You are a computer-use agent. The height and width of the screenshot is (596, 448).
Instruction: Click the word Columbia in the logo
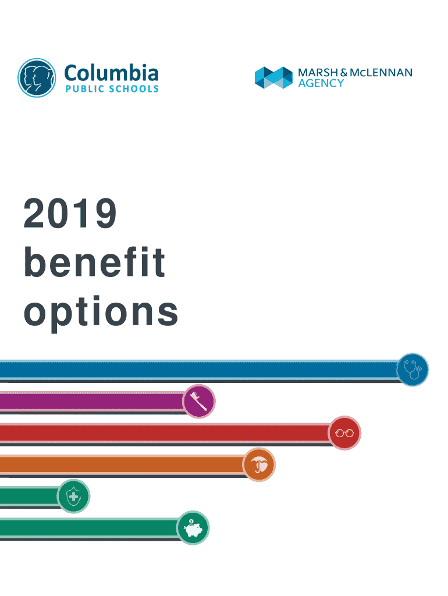pyautogui.click(x=111, y=73)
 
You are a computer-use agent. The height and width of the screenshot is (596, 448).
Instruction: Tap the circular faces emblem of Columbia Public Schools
pyautogui.click(x=37, y=77)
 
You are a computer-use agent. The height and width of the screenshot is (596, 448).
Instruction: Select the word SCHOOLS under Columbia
pyautogui.click(x=131, y=89)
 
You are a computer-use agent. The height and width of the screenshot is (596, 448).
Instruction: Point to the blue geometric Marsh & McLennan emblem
pyautogui.click(x=273, y=77)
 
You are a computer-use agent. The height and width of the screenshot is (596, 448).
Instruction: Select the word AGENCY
pyautogui.click(x=321, y=83)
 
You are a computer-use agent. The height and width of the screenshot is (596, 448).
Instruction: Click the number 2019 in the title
pyautogui.click(x=70, y=214)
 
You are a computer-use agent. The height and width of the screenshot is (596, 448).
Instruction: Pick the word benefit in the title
pyautogui.click(x=94, y=263)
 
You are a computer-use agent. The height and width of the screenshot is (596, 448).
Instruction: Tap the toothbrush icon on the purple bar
pyautogui.click(x=199, y=401)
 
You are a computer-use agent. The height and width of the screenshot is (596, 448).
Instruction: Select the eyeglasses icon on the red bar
pyautogui.click(x=344, y=433)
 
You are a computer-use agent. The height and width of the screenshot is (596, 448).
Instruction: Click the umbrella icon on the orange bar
pyautogui.click(x=258, y=465)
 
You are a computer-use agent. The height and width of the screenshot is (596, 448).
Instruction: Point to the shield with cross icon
pyautogui.click(x=73, y=496)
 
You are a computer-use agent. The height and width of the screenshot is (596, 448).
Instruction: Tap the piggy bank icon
pyautogui.click(x=193, y=528)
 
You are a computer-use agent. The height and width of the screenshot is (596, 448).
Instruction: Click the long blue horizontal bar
pyautogui.click(x=198, y=370)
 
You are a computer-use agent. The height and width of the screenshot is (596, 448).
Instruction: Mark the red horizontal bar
pyautogui.click(x=163, y=433)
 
